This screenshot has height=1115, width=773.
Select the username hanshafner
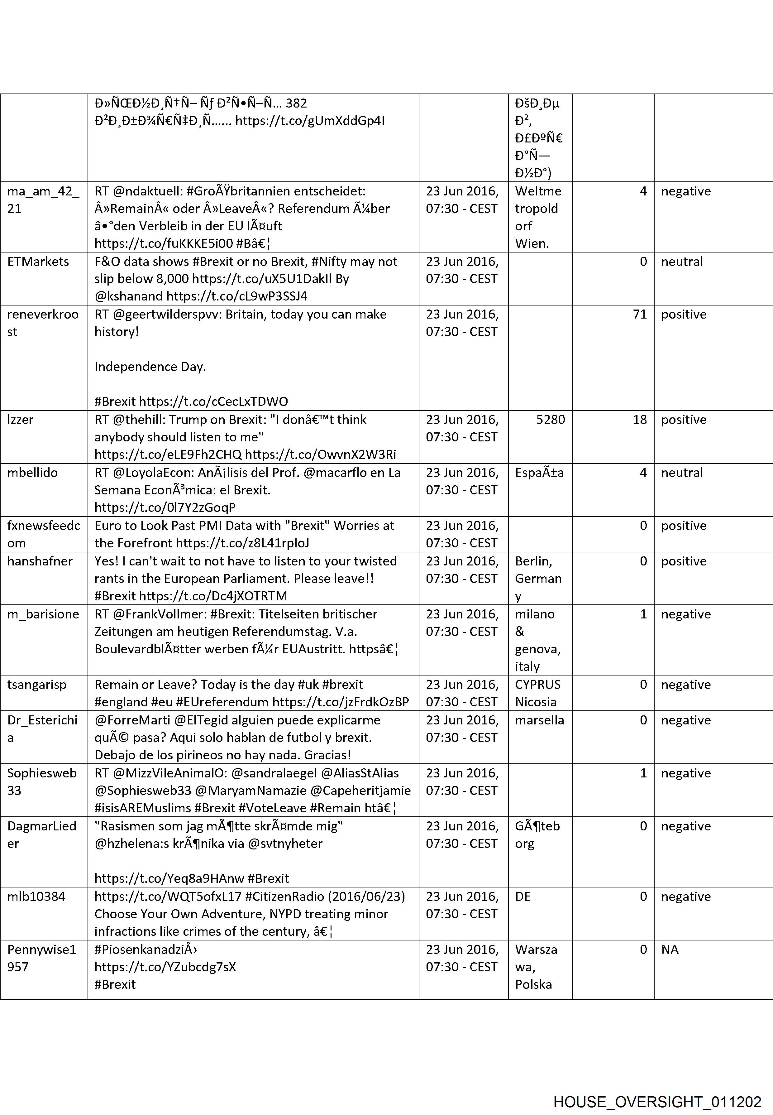point(40,561)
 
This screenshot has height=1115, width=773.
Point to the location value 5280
point(550,420)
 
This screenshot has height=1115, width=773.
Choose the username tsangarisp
point(37,685)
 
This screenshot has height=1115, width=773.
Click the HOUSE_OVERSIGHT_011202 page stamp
point(657,1089)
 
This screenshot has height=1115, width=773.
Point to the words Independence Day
point(150,367)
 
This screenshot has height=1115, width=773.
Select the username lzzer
point(20,420)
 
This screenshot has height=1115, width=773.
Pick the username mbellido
point(32,473)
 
